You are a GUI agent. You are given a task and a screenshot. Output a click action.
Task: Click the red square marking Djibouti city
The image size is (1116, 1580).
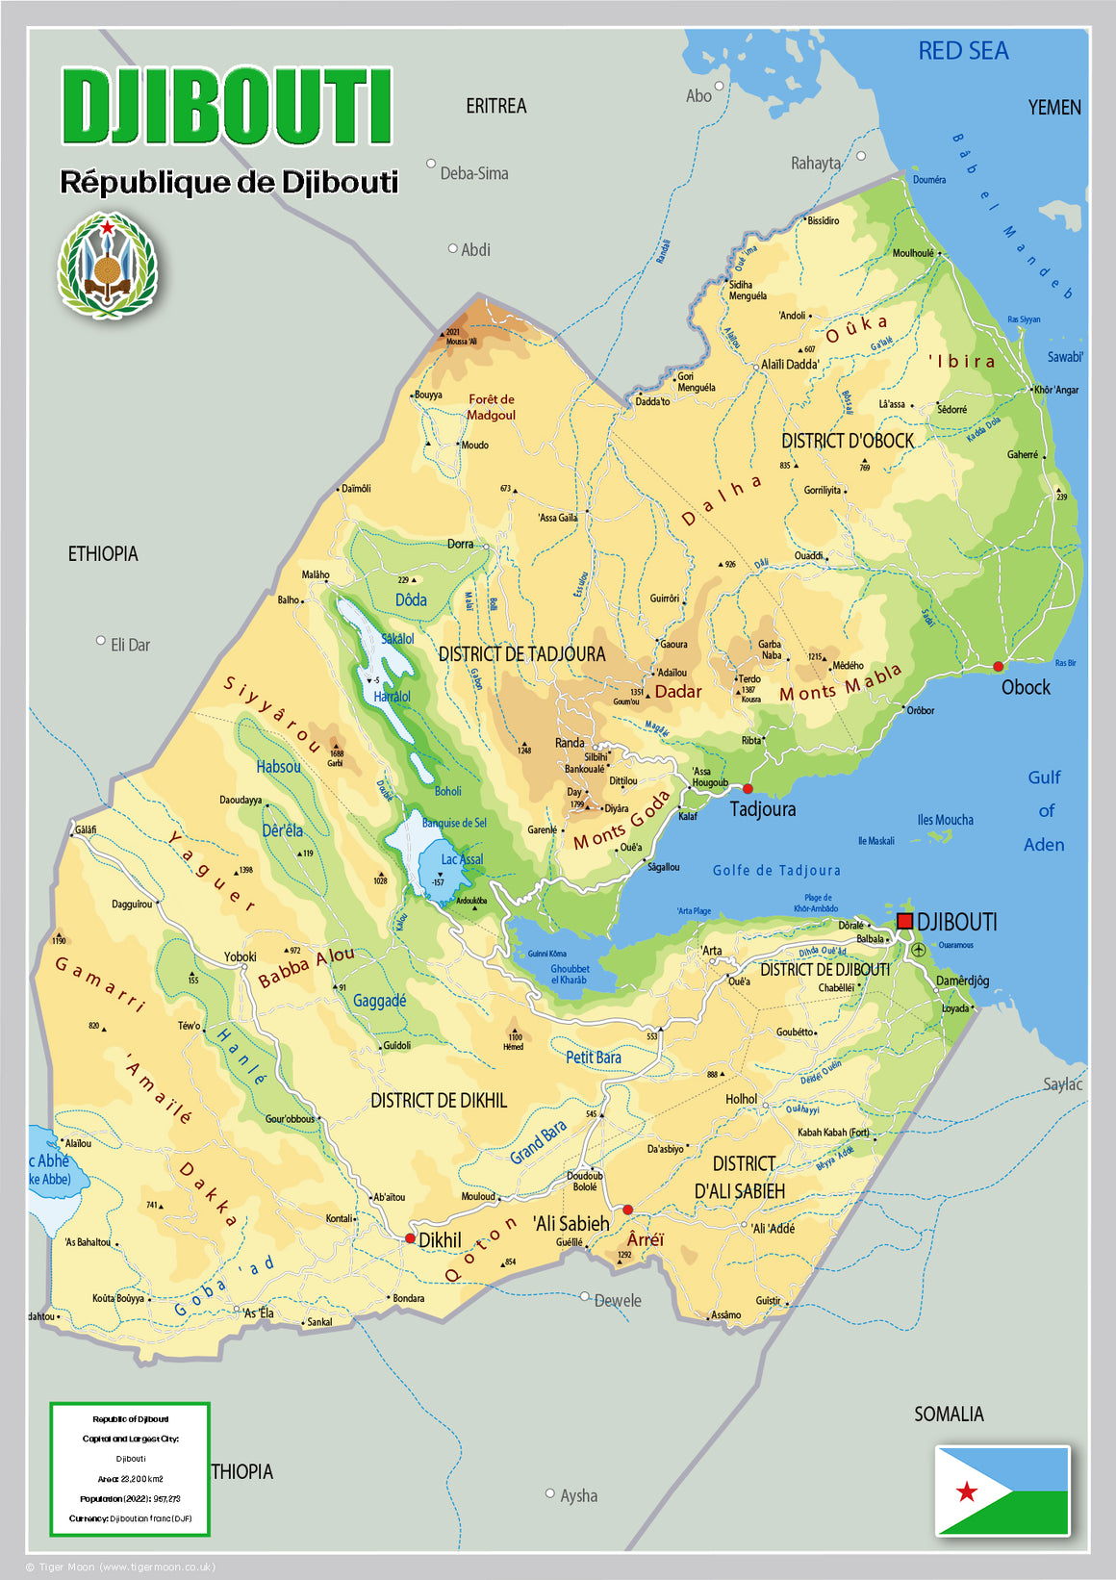[x=904, y=921]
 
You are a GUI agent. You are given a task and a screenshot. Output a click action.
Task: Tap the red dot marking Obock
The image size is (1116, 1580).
[x=998, y=666]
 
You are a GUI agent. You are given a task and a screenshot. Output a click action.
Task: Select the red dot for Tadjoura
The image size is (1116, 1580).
[x=748, y=789]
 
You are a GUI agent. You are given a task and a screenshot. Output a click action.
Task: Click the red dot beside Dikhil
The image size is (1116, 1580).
[x=410, y=1238]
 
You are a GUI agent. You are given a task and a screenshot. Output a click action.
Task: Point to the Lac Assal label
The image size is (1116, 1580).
[x=462, y=859]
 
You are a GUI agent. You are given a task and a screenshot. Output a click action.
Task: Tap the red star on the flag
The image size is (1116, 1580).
[x=967, y=1491]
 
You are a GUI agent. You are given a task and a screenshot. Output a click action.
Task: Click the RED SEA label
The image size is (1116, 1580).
[x=963, y=51]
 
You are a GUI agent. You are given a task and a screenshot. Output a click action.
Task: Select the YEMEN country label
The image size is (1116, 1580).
[x=1054, y=108]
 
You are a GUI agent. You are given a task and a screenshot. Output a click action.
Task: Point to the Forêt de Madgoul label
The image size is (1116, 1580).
[x=492, y=407]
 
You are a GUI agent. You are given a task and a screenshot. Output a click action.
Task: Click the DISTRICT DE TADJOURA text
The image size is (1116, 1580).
[x=521, y=654]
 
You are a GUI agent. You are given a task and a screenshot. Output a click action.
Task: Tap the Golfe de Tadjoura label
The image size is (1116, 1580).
[x=776, y=871]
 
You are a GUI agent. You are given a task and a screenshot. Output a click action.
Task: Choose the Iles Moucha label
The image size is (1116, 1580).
[x=945, y=820]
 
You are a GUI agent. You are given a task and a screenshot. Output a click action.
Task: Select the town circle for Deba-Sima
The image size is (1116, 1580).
[x=431, y=164]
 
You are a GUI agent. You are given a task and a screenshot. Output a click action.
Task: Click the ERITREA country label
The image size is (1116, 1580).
[x=495, y=106]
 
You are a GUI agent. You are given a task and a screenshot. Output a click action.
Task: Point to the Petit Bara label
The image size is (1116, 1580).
[x=593, y=1058]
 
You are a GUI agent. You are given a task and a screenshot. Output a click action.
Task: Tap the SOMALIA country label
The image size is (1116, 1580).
[x=949, y=1414]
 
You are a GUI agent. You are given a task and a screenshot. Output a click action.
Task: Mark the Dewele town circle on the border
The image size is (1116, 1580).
[x=584, y=1296]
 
